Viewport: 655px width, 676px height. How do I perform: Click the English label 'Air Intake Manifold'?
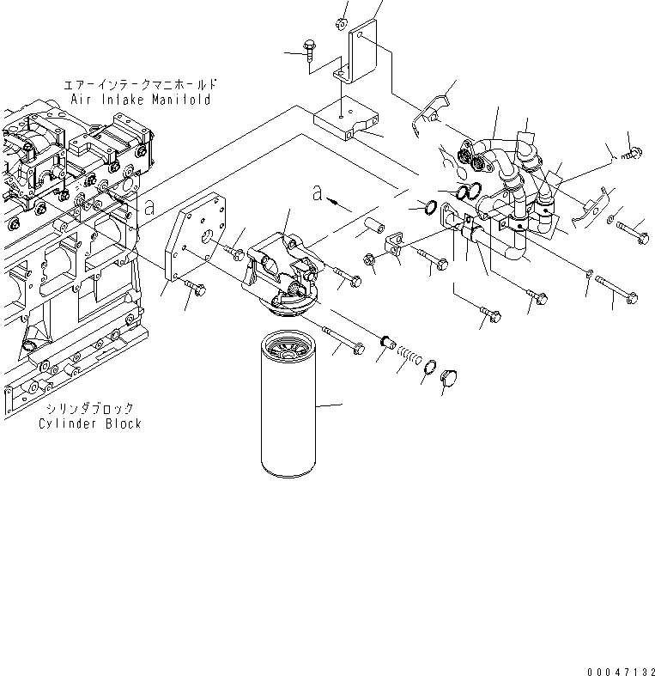click(x=141, y=100)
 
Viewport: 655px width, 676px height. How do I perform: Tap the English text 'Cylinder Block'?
click(x=90, y=423)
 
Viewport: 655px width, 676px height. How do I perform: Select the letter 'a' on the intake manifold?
click(x=149, y=207)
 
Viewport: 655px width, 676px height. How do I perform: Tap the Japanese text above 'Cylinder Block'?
click(x=90, y=409)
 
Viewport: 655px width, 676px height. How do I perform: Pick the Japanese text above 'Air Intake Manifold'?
click(x=141, y=85)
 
